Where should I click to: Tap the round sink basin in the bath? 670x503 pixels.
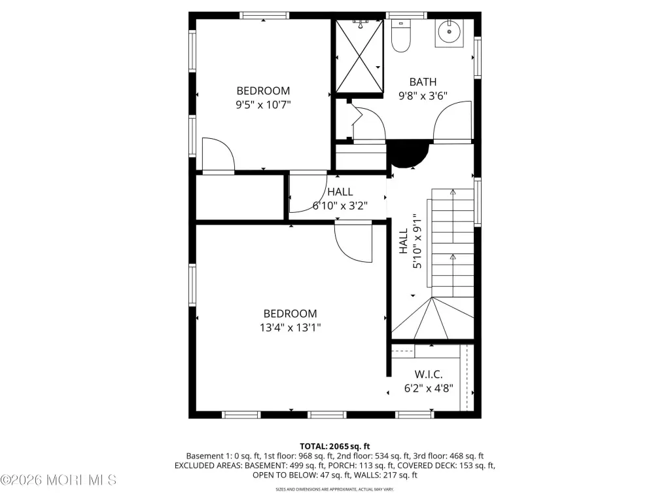coord(449,31)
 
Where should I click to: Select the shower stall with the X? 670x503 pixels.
coord(359,56)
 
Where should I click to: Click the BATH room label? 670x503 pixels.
coord(423,82)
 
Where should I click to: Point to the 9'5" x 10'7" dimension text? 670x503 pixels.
coord(263,104)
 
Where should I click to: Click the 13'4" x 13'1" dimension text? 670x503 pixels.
coord(290,327)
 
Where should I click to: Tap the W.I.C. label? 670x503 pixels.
coord(429,375)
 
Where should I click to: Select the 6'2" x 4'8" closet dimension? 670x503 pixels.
coord(429,388)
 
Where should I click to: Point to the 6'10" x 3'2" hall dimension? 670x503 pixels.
coord(340,206)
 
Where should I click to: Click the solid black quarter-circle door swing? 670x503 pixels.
coord(408,155)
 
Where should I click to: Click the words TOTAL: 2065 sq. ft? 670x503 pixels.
coord(334,447)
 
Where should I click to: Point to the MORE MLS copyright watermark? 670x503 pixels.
coord(58,480)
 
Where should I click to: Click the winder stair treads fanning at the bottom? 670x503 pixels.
coord(432,318)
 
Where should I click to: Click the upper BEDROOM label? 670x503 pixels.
coord(263,90)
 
